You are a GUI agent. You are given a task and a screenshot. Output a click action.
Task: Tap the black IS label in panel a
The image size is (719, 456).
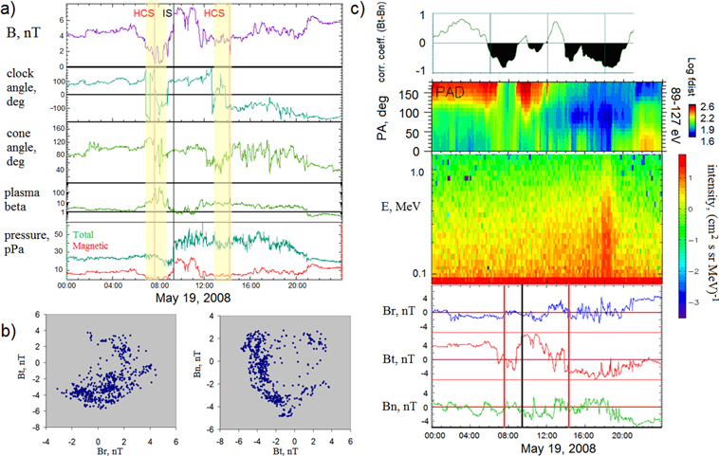point(168,14)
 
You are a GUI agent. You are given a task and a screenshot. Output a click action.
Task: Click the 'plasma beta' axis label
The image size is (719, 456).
point(26,194)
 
